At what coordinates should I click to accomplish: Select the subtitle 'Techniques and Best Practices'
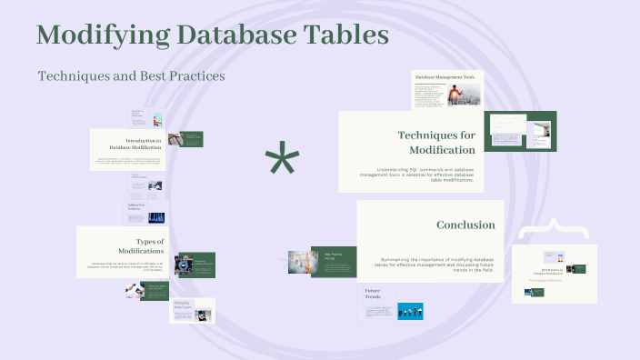pos(132,75)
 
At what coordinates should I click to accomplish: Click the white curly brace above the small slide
pos(553,226)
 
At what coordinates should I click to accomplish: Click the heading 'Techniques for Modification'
pos(435,142)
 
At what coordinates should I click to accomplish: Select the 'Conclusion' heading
pos(465,225)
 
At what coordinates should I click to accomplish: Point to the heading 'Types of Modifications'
pos(142,246)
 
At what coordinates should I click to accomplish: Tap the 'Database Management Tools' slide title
pos(445,78)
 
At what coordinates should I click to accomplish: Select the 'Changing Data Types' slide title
pos(182,305)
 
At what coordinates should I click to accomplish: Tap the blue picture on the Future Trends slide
pos(410,311)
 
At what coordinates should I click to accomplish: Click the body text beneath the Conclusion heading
pos(436,263)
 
